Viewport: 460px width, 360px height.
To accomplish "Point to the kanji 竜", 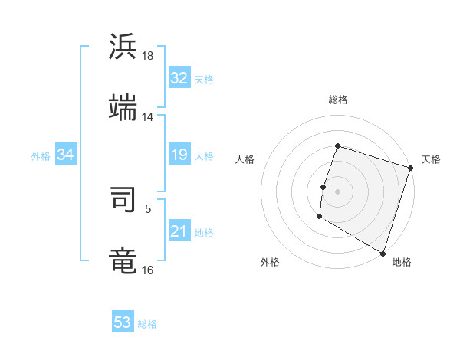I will (x=123, y=260).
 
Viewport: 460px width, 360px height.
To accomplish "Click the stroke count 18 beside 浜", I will (x=148, y=56).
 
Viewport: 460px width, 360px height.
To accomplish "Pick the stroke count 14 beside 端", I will (x=148, y=117).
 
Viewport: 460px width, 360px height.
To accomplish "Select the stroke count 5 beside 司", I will (x=148, y=208).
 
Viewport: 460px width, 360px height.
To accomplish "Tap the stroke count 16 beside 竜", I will (x=148, y=270).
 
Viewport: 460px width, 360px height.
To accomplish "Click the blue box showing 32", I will (x=179, y=78).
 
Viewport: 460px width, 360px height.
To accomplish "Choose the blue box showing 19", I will (x=179, y=155).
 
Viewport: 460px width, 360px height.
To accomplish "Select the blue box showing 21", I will (x=179, y=232).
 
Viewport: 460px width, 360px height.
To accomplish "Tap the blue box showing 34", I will (x=66, y=155).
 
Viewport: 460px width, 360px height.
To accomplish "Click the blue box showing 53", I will (x=123, y=322).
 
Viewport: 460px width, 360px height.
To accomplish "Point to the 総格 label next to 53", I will (x=147, y=324).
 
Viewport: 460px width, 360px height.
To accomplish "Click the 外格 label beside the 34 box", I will (x=41, y=156).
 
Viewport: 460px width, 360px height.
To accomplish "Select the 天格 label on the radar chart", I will (x=431, y=159).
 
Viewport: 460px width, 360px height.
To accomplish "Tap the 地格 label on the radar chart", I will (x=402, y=262).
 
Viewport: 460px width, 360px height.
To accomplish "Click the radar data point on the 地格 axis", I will (x=382, y=253).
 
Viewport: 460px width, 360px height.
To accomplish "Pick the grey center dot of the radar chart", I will (x=337, y=191).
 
